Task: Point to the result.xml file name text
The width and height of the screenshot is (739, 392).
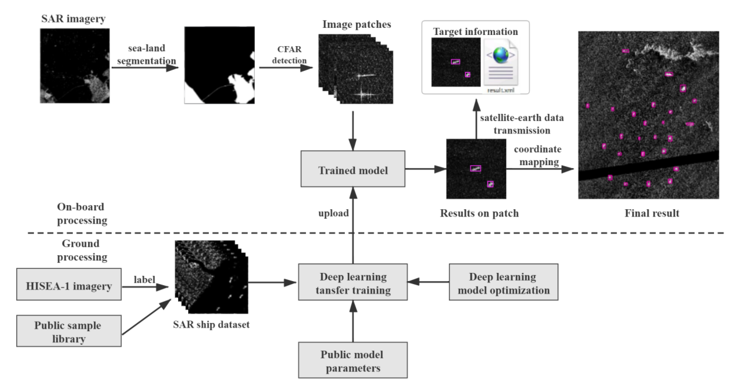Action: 501,90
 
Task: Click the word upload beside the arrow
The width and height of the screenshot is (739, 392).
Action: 333,213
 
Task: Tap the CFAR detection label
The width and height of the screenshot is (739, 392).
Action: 289,55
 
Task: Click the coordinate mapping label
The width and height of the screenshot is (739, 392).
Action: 538,155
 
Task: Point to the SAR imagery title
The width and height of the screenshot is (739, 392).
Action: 73,19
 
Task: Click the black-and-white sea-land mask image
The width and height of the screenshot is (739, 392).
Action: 219,65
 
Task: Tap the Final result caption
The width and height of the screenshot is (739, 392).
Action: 652,213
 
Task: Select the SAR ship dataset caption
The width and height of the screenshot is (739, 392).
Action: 211,325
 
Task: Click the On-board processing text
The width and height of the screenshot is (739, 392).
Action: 82,213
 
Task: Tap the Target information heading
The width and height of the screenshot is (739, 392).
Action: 475,32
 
